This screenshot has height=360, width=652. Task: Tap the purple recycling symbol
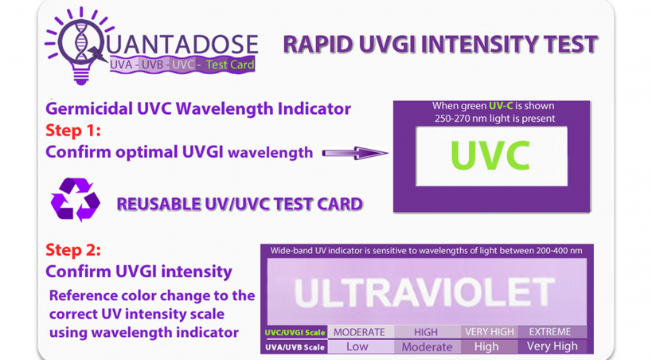76,199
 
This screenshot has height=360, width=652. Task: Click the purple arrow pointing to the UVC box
355,153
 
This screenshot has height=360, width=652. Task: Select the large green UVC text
490,155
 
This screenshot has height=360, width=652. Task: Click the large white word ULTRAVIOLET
424,292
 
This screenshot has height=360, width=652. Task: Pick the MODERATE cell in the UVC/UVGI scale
360,332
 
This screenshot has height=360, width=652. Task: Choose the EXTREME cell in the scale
550,331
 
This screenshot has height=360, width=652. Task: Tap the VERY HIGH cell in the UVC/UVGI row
490,331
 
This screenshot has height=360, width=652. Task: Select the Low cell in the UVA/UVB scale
357,346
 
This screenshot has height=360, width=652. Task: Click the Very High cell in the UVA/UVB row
552,346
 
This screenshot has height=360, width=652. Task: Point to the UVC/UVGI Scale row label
295,333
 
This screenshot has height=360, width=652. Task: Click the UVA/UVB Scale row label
295,347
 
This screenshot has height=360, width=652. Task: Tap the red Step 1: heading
73,131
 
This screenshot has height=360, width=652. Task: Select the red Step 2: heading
73,250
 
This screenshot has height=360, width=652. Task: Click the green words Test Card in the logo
230,65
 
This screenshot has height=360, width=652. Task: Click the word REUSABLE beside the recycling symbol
158,204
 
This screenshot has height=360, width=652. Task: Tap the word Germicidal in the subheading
89,109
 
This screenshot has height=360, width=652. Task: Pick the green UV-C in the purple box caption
501,106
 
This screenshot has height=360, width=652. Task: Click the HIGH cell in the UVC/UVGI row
426,332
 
